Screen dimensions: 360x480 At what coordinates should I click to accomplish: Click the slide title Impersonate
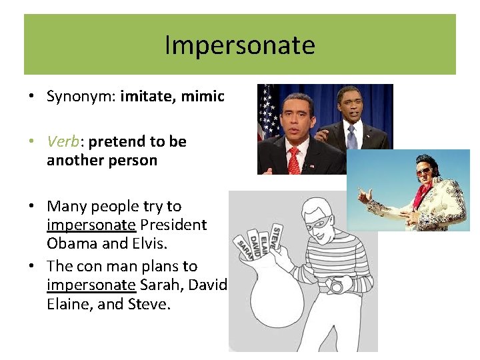coord(239,45)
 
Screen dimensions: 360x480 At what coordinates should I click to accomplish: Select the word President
coord(174,225)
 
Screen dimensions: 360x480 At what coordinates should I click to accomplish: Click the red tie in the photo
coord(294,161)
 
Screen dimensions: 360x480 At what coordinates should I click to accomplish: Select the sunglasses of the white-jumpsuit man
coord(423,171)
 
